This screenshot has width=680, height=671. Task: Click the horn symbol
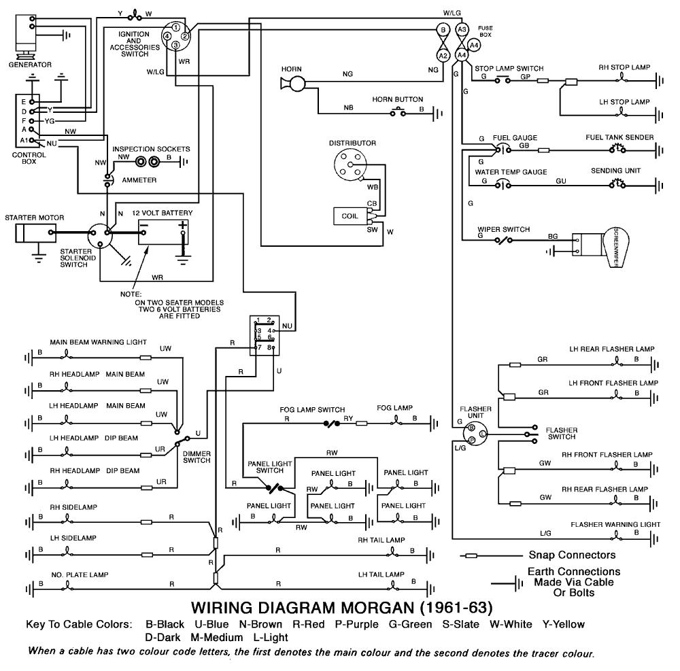point(294,83)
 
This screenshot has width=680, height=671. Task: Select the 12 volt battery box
point(163,231)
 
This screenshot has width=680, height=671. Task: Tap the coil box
point(348,216)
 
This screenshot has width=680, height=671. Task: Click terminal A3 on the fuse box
point(462,30)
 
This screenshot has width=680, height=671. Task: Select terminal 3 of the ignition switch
point(175,46)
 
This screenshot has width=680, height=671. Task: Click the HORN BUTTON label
point(397,99)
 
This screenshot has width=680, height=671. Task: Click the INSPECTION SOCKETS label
point(151,149)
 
